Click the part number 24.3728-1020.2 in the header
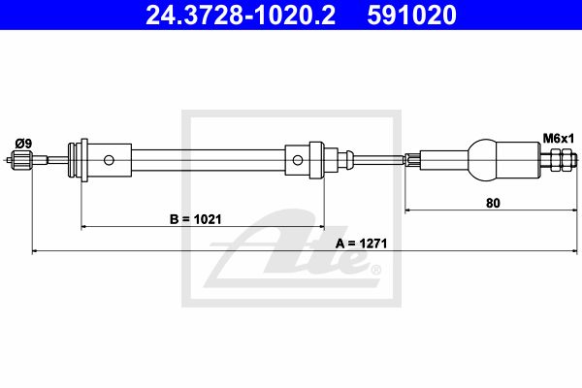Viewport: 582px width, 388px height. (x=241, y=16)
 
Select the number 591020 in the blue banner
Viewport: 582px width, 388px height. (x=411, y=16)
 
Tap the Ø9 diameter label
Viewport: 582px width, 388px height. (x=23, y=144)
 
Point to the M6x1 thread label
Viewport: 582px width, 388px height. (x=559, y=139)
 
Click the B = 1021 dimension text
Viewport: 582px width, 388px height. (x=196, y=219)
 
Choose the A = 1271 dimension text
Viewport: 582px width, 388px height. (x=361, y=243)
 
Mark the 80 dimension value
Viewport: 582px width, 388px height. (x=493, y=203)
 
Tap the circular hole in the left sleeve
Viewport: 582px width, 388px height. (x=109, y=160)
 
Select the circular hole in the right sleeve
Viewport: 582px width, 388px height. (x=298, y=160)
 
